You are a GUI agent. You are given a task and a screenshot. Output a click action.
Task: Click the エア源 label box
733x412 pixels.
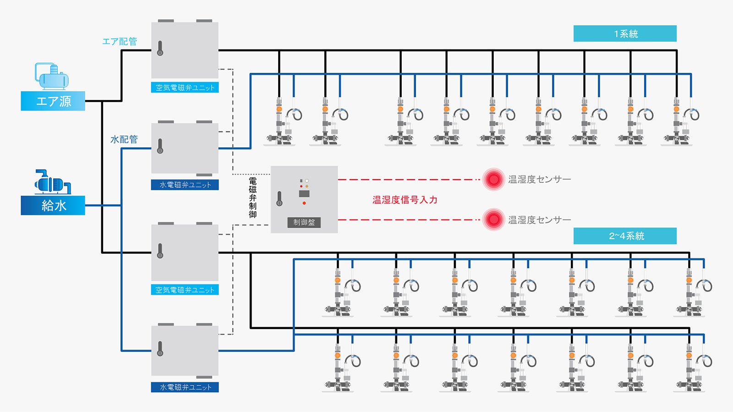click(53, 101)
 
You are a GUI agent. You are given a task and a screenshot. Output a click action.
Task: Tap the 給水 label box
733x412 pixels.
click(53, 205)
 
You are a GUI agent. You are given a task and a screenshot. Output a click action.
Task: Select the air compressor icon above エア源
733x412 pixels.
click(52, 77)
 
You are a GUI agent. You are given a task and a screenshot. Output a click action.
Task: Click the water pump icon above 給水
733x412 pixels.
click(52, 182)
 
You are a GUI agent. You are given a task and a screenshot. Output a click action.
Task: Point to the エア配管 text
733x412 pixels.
click(119, 41)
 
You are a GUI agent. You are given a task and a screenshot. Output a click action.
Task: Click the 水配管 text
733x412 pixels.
click(124, 139)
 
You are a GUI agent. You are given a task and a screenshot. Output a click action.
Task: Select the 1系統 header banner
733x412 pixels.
click(625, 33)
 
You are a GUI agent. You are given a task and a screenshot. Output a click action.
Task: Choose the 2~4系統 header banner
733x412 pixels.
click(625, 236)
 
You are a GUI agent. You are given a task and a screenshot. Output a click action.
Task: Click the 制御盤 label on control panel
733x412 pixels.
click(304, 222)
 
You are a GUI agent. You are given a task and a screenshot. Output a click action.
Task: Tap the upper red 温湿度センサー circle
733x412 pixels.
click(493, 179)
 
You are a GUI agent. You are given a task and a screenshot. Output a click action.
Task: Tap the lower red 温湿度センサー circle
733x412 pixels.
click(493, 220)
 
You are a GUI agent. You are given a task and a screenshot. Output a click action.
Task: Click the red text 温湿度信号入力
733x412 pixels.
click(405, 200)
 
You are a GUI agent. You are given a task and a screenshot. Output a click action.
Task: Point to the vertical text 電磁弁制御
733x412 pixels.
click(252, 197)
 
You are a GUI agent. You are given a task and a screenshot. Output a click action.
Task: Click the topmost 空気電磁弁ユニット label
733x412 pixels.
click(185, 88)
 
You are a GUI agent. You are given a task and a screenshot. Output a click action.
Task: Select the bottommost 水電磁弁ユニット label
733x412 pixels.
click(185, 387)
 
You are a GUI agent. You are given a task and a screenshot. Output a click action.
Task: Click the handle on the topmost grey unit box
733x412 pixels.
click(160, 48)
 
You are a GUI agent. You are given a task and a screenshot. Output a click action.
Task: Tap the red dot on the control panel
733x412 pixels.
click(304, 203)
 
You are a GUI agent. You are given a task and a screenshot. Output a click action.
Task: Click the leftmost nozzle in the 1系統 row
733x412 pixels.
click(280, 121)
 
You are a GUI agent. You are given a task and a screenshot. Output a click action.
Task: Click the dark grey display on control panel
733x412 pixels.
click(304, 194)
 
